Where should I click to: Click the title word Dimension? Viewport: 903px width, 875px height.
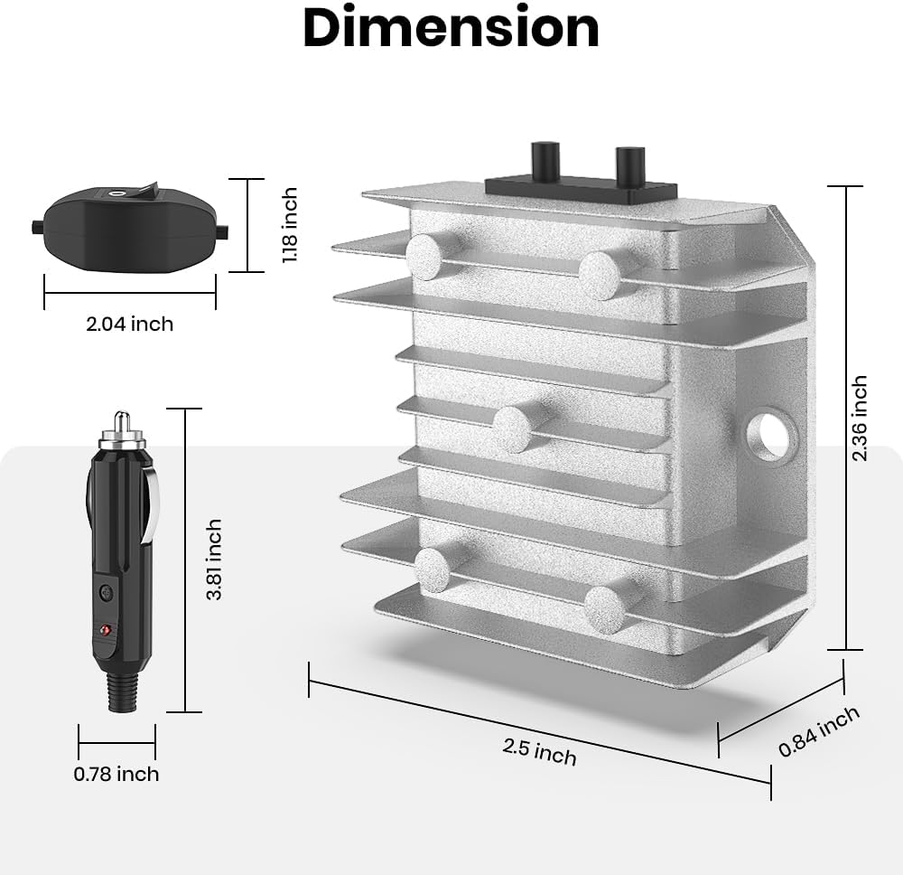(x=451, y=28)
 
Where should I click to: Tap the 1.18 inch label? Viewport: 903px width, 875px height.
(x=290, y=225)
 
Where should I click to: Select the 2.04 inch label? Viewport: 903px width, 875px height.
(x=129, y=324)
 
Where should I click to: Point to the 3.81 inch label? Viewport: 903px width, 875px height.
(x=214, y=560)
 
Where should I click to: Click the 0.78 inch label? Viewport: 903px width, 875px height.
(x=116, y=774)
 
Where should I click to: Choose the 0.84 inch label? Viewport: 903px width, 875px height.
(x=819, y=731)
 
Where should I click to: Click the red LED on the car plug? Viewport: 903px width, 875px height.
(x=107, y=629)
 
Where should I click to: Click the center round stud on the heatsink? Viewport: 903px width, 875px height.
(x=514, y=428)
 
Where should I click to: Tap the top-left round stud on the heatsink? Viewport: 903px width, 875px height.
(x=425, y=257)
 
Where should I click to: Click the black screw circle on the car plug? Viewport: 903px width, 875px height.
(x=107, y=593)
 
